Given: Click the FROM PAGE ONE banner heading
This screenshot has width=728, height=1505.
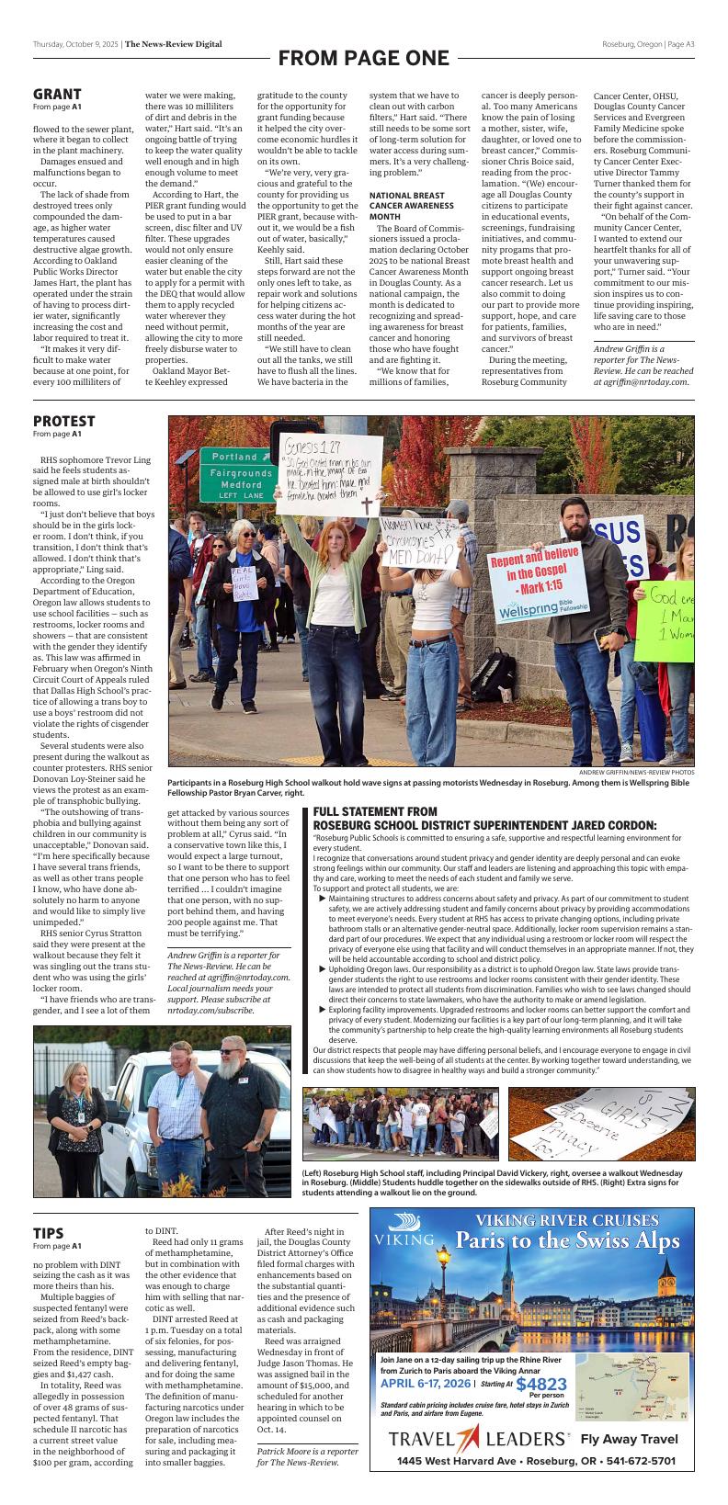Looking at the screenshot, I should [x=363, y=59].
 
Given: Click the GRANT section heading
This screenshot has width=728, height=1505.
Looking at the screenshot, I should [x=57, y=94].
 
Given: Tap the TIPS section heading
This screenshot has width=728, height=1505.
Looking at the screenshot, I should [x=48, y=1233].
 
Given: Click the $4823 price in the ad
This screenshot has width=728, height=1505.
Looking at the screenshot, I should [x=540, y=1385].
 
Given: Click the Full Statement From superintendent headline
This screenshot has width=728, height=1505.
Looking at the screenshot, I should [x=484, y=818].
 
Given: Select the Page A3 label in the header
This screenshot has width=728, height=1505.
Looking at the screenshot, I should [x=680, y=44].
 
